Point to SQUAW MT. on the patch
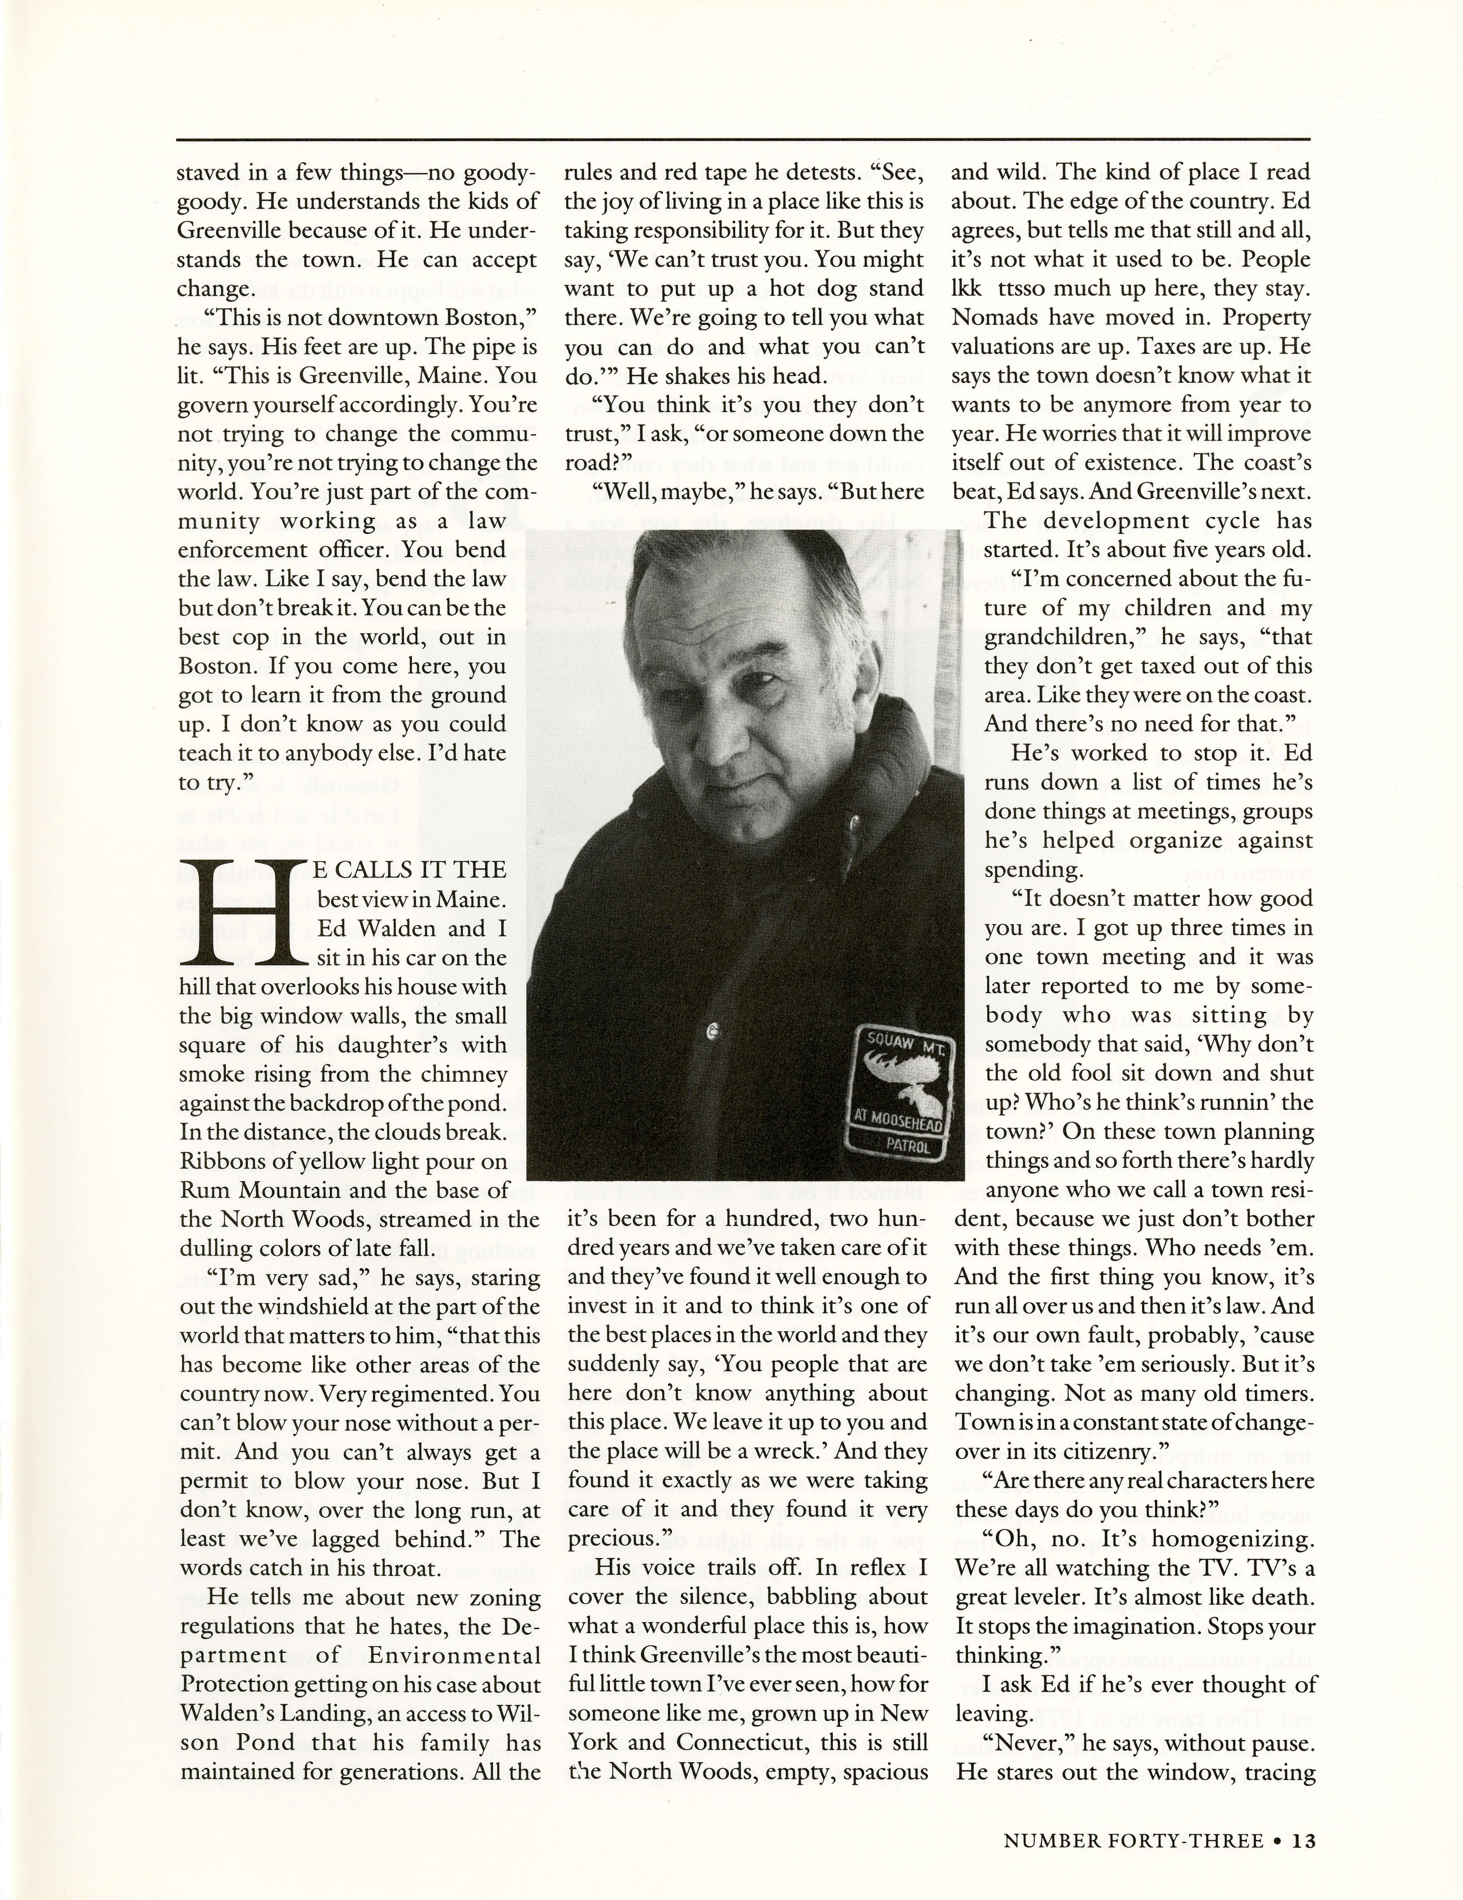tap(904, 1041)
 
